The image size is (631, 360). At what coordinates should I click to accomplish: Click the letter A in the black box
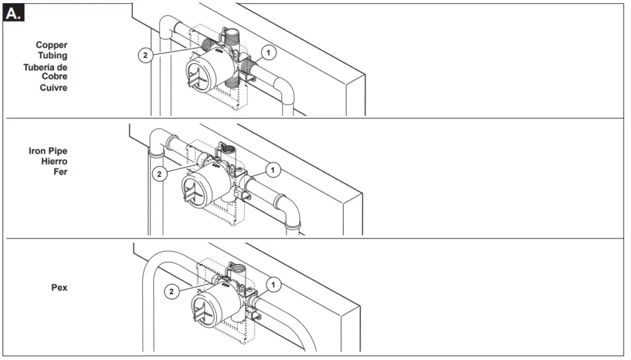click(x=12, y=14)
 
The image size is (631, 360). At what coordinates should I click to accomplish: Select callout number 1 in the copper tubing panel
click(x=269, y=52)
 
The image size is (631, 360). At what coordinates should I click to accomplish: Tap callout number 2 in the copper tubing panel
click(x=145, y=55)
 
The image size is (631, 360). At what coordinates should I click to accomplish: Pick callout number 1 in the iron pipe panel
click(x=273, y=170)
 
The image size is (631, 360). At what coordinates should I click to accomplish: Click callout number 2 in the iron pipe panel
click(x=160, y=174)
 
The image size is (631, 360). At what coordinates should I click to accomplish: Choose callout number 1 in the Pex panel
click(x=273, y=285)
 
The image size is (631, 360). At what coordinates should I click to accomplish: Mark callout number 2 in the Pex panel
click(x=172, y=291)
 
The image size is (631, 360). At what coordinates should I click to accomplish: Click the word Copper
click(x=52, y=46)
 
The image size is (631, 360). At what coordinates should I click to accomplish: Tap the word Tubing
click(x=53, y=55)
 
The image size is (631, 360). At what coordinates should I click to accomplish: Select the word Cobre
click(x=54, y=76)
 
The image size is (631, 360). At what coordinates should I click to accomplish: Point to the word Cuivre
click(x=54, y=88)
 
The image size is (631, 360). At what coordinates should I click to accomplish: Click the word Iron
click(x=38, y=151)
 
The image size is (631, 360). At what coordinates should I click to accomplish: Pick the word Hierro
click(x=54, y=162)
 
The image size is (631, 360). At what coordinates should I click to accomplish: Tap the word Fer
click(x=60, y=172)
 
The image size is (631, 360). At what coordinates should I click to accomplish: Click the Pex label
click(x=59, y=287)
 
